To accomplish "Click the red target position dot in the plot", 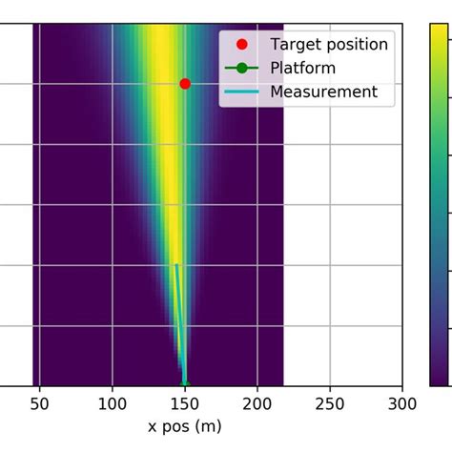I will (x=185, y=84).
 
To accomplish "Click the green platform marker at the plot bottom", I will (x=185, y=384).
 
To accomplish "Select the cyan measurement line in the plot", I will (x=179, y=324).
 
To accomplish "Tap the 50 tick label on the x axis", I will (x=40, y=404).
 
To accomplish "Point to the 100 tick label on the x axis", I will (x=113, y=404).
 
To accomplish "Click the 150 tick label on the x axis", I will (x=185, y=404).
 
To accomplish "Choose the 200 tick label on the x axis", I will (x=257, y=404).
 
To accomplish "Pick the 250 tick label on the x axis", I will (x=330, y=404).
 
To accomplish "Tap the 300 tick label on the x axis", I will (x=402, y=404).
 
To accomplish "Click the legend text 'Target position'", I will (x=329, y=44).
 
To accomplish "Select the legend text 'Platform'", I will (x=302, y=68).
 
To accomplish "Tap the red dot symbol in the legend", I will (x=242, y=44).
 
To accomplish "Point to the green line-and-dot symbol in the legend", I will (x=242, y=68).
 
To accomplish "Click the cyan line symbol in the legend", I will (x=242, y=92).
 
